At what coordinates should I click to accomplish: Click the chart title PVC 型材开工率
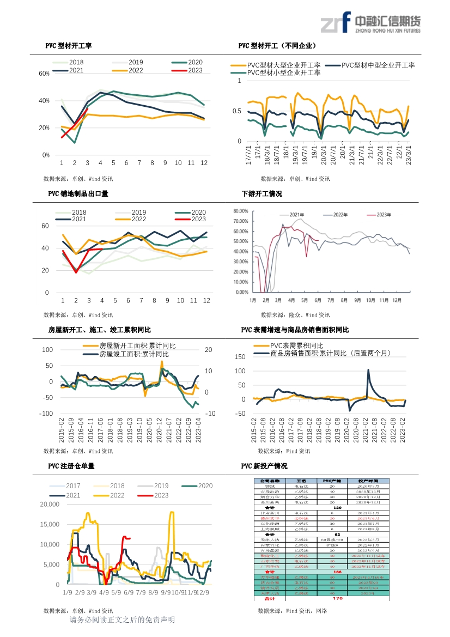tap(68, 46)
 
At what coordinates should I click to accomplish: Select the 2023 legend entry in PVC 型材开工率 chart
tap(187, 70)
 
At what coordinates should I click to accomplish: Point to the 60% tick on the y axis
tap(44, 73)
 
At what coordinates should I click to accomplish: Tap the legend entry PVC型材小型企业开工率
tap(283, 72)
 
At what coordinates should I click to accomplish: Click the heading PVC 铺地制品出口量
tap(78, 193)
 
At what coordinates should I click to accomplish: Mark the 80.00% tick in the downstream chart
tap(241, 210)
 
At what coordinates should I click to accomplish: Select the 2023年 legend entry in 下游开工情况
tap(382, 215)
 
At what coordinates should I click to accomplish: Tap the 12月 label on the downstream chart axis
tap(398, 300)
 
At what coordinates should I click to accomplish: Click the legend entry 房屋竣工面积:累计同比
tap(133, 354)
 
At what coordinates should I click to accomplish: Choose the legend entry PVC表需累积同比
tap(296, 346)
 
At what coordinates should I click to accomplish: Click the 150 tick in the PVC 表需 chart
tap(239, 356)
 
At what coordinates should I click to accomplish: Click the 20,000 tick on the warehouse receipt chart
tap(49, 505)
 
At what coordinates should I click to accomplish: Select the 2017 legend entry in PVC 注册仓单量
tap(73, 486)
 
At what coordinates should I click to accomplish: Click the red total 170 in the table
tap(337, 598)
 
